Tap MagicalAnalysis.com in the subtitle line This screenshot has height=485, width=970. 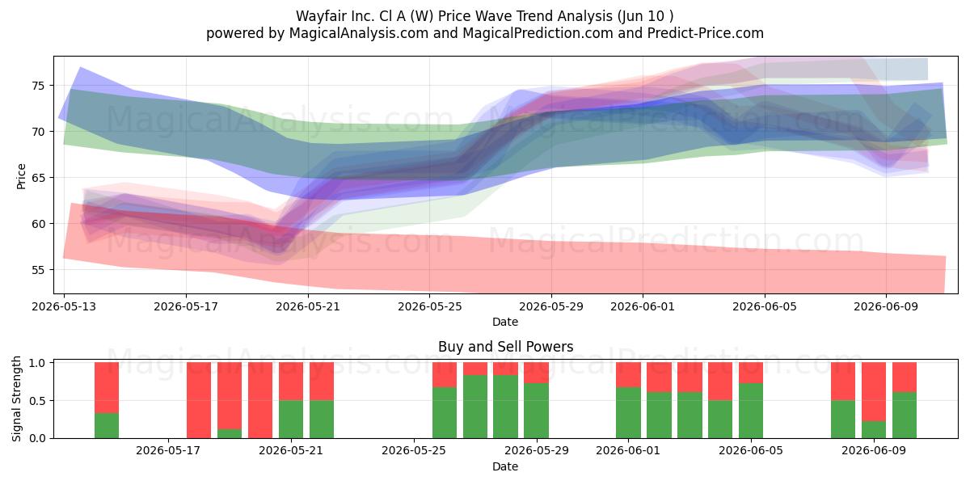(x=359, y=33)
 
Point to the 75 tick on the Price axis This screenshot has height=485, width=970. (x=38, y=86)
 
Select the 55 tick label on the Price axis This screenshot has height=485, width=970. (x=38, y=270)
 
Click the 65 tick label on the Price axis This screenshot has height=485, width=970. (x=38, y=178)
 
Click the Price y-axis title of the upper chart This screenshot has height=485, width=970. (x=21, y=176)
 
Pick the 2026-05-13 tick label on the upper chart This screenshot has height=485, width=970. (x=64, y=306)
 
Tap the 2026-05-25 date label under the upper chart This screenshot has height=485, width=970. (x=429, y=306)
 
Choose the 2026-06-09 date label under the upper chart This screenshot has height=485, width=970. (x=886, y=306)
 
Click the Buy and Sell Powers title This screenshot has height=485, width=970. (x=505, y=347)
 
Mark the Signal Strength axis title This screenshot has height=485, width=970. (x=16, y=399)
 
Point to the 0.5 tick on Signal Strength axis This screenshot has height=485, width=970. (x=37, y=401)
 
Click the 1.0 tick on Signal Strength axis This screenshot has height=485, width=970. (x=37, y=363)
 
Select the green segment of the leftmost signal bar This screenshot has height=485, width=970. (x=107, y=426)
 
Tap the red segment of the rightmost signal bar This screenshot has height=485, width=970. (x=905, y=377)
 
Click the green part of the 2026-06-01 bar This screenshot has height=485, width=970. (x=628, y=413)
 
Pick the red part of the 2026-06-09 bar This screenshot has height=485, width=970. (x=874, y=392)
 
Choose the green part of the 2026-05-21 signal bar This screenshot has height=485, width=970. (x=291, y=420)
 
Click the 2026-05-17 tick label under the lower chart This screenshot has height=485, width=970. (x=168, y=451)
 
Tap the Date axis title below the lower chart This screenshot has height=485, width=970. (x=505, y=466)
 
